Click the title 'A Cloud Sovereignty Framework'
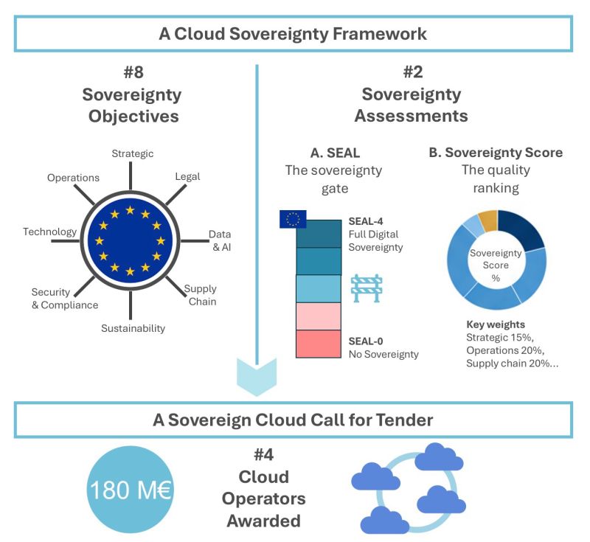pyautogui.click(x=293, y=34)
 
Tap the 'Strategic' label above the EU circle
pyautogui.click(x=132, y=153)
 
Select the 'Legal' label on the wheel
pyautogui.click(x=187, y=177)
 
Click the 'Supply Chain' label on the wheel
pyautogui.click(x=200, y=295)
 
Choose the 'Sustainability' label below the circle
pyautogui.click(x=133, y=328)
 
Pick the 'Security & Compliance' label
pyautogui.click(x=64, y=299)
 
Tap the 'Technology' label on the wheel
pyautogui.click(x=49, y=232)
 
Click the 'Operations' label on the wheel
pyautogui.click(x=73, y=178)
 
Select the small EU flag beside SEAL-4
pyautogui.click(x=292, y=218)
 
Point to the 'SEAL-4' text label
pyautogui.click(x=367, y=220)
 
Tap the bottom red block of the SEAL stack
pyautogui.click(x=318, y=344)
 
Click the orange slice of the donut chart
pyautogui.click(x=487, y=220)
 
